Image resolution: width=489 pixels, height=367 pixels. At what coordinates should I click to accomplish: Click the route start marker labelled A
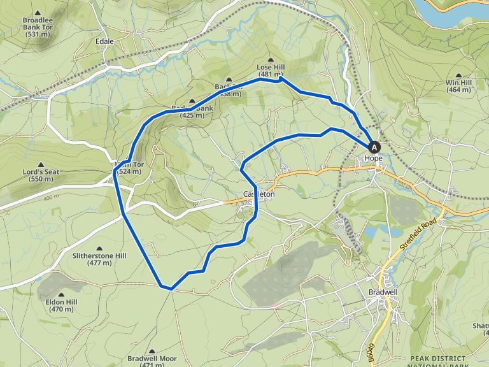coord(374,146)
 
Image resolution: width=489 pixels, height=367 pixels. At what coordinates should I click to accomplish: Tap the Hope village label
coord(373,158)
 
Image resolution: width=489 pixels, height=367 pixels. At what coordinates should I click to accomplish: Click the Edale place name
coord(104,41)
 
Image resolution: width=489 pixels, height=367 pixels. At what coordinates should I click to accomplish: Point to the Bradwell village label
coord(383,292)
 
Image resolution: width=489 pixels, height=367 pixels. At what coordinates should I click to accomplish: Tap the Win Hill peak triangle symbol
coord(458,76)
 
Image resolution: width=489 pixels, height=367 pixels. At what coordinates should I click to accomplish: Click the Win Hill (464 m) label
coord(458,87)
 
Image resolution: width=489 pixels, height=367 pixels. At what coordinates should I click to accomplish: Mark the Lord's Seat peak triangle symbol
coord(41,164)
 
